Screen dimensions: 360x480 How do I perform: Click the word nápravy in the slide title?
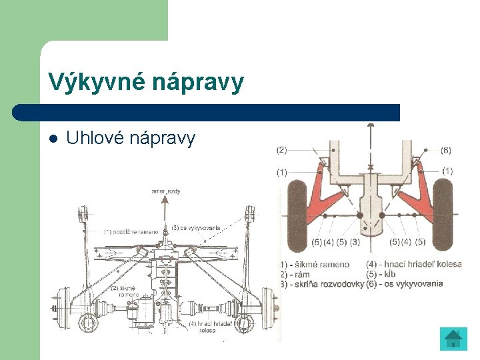coord(198,83)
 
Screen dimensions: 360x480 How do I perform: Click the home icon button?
coord(453,339)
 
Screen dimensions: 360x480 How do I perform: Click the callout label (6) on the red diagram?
coord(446,151)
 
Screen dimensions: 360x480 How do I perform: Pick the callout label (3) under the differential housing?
coord(355,241)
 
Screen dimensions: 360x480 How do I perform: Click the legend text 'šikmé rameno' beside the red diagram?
coord(324,265)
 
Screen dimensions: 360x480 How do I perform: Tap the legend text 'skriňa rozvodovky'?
coord(327,283)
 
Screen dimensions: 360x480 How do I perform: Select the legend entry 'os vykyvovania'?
coord(419,283)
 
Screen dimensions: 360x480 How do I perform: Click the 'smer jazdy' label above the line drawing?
coord(166,191)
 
